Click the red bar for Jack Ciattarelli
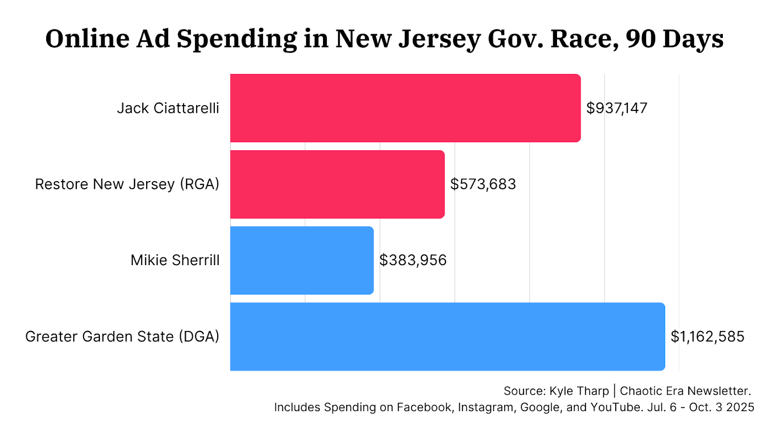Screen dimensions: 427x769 coord(405,108)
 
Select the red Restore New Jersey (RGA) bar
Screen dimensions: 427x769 coord(337,184)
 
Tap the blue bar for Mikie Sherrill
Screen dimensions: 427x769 coord(302,260)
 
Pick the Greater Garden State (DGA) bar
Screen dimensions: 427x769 coord(447,337)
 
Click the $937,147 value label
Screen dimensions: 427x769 coord(617,108)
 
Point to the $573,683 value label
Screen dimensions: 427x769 coord(483,184)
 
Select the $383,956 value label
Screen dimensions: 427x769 coord(413,260)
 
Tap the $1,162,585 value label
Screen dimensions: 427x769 coord(707,337)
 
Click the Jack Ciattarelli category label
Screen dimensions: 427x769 coord(168,108)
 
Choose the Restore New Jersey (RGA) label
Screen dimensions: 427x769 coord(127,184)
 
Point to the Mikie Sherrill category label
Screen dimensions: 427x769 coord(175,260)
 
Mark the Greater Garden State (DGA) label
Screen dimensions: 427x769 coord(123,337)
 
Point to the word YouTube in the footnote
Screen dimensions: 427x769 coord(616,407)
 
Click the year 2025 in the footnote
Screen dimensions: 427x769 coord(740,407)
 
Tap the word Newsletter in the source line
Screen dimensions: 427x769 coord(719,391)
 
